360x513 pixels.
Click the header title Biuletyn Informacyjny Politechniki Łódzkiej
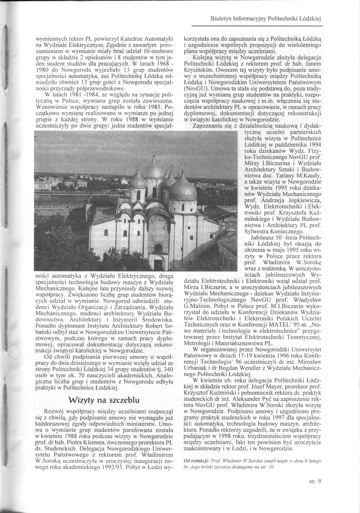266,18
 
